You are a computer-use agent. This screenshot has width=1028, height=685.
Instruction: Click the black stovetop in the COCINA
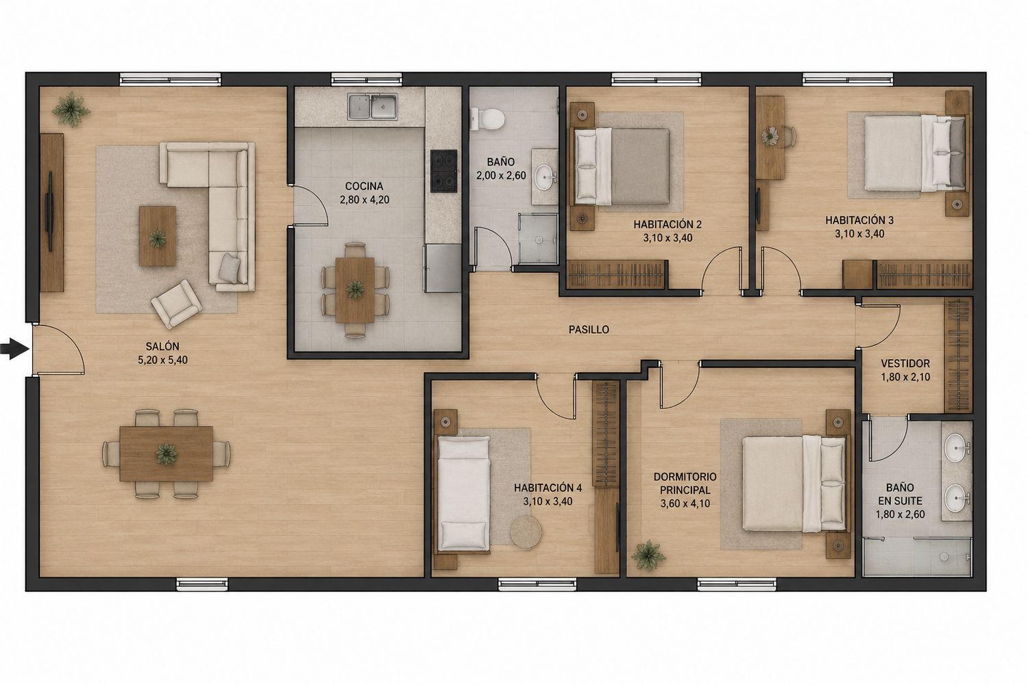[x=444, y=171]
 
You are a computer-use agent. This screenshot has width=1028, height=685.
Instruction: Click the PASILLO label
[x=589, y=329]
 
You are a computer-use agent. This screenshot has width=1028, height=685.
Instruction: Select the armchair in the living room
[x=177, y=303]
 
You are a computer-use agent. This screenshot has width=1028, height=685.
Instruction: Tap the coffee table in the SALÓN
[x=158, y=236]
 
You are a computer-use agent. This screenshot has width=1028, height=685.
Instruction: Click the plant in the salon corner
[x=70, y=109]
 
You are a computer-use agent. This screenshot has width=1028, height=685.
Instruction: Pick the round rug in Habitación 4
[x=526, y=532]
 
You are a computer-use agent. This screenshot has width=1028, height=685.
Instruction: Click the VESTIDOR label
[x=905, y=363]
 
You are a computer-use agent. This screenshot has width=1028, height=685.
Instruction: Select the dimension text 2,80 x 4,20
[x=365, y=199]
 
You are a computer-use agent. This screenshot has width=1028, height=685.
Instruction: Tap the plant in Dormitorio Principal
[x=648, y=556]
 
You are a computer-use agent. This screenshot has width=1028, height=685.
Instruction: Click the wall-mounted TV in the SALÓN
[x=49, y=211]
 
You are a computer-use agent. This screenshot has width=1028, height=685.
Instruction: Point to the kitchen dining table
[x=355, y=290]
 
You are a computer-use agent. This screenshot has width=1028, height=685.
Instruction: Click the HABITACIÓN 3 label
[x=859, y=221]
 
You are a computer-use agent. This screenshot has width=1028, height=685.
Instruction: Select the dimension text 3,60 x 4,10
[x=685, y=503]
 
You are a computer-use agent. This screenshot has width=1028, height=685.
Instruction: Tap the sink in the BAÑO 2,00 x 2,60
[x=545, y=176]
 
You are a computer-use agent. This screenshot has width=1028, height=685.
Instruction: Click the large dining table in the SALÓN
[x=166, y=453]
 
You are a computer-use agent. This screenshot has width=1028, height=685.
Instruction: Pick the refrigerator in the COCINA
[x=443, y=268]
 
